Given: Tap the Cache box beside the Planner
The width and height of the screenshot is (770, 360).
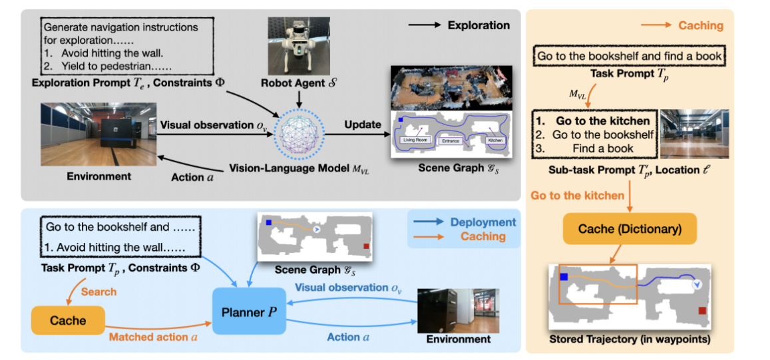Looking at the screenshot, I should point(68,321).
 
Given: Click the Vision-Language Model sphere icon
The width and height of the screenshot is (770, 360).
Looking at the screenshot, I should point(298,133).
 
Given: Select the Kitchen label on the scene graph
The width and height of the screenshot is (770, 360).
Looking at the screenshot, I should point(495,140).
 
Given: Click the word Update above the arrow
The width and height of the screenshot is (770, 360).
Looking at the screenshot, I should point(363,124).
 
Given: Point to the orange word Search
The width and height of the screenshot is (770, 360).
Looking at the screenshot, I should point(98,291).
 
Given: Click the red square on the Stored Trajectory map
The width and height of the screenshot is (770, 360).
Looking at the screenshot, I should point(703,311).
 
